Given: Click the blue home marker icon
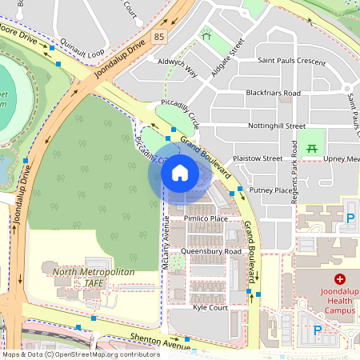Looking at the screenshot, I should pos(180,173).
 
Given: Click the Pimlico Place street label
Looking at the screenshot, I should pos(206,218).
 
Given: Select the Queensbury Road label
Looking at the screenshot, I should pos(211,251).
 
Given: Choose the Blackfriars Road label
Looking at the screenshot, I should pos(273,93).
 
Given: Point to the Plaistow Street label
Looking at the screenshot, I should pos(257,158).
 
